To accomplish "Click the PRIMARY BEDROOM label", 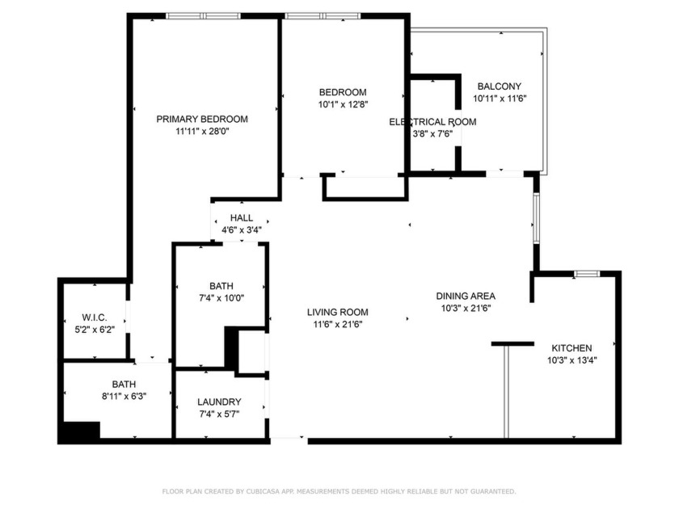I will point(201,119).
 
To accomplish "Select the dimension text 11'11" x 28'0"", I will point(201,131).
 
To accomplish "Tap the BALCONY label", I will point(499,86).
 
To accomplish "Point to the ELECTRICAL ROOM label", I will point(432,122).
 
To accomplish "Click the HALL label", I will point(241,218).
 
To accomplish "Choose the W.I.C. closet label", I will point(95,318).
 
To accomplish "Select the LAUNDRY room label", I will point(219,402).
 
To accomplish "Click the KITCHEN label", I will point(572,347).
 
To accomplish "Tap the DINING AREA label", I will point(466,296).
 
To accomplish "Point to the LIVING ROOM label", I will point(337,312).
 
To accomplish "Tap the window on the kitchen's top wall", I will point(586,275).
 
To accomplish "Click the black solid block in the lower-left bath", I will point(80,431).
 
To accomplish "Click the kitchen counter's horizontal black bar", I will point(512,344).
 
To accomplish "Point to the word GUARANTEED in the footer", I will point(490,491).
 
